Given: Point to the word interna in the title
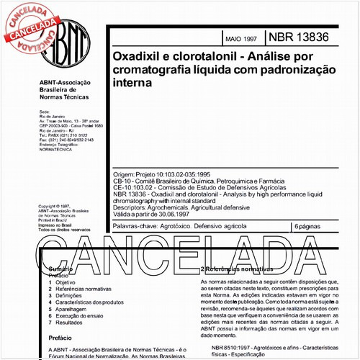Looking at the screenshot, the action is (132, 83).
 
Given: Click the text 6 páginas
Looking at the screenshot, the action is (310, 227).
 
